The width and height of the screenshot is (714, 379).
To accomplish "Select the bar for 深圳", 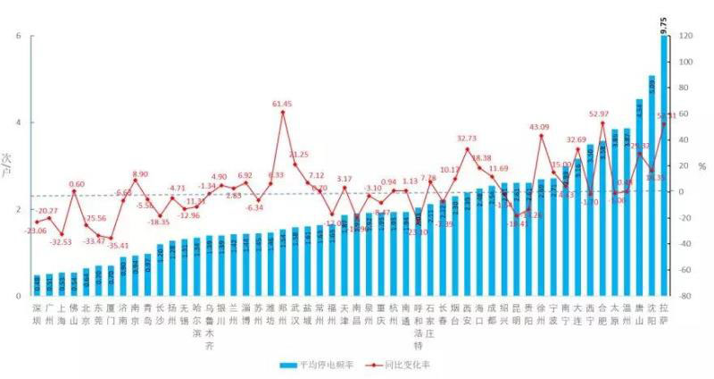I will tap(37, 285).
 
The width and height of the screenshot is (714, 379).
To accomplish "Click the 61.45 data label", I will tap(283, 104).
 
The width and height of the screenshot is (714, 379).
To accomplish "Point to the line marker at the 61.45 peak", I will tap(283, 113).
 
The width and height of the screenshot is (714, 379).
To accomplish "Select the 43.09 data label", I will tap(539, 127).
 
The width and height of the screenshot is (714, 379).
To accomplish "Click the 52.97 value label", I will tap(599, 114).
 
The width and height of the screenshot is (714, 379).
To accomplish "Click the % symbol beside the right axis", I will tap(702, 166).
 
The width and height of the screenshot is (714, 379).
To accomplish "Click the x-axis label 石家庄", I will tap(430, 319).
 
